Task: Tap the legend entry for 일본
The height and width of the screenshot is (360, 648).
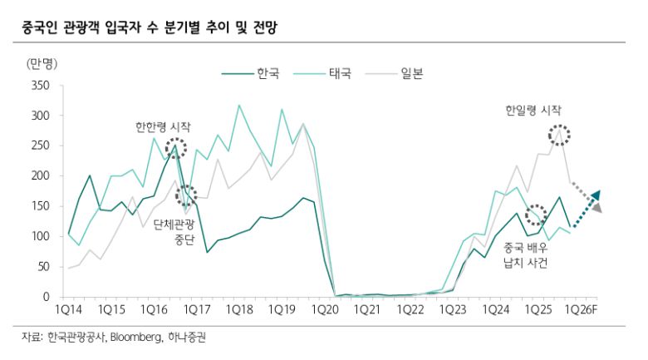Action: (x=412, y=73)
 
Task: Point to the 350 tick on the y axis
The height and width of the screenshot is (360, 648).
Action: (x=41, y=86)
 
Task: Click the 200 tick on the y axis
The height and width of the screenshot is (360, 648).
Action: (x=41, y=176)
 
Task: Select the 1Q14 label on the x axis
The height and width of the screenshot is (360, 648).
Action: (x=68, y=309)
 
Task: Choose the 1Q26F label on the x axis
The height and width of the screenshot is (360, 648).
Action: (x=581, y=309)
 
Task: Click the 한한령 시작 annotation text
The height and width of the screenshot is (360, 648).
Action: (x=163, y=127)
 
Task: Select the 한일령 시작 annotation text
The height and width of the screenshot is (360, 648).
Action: (x=533, y=110)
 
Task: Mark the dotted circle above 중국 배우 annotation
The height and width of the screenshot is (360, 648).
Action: (x=536, y=215)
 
